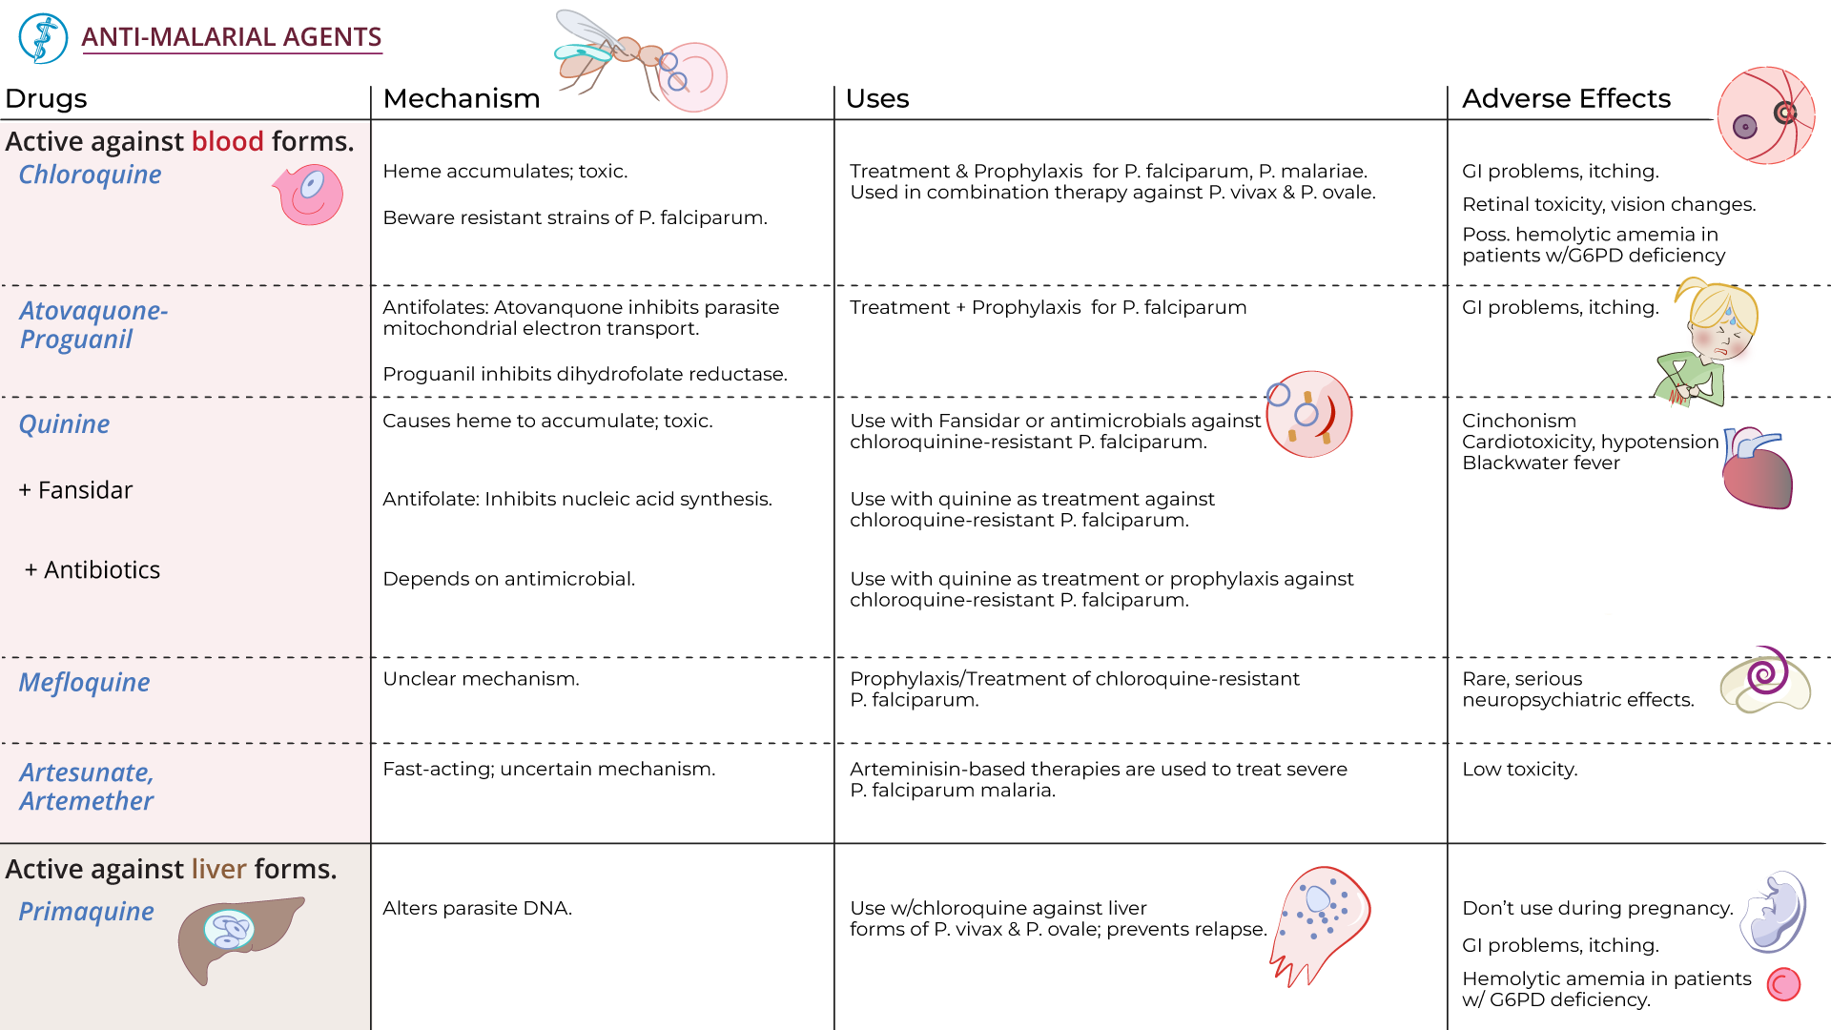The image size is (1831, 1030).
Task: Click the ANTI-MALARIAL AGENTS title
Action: coord(231,37)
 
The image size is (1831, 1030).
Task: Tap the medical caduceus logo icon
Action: coord(43,38)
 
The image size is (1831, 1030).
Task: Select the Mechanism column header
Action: coord(461,99)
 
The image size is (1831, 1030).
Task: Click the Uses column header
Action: coord(876,99)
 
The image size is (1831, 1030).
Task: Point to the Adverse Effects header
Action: coord(1566,99)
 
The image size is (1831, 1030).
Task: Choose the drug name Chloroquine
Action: coord(90,175)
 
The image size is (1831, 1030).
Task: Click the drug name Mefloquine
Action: coord(84,683)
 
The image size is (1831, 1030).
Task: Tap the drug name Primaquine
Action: coord(86,912)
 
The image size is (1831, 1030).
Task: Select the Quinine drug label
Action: coord(64,424)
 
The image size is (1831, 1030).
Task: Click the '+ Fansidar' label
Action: coord(75,490)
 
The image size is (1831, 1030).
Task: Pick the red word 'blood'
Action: coord(227,141)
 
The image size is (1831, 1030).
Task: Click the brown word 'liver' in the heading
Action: coord(218,869)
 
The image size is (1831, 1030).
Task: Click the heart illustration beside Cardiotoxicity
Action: coord(1757,469)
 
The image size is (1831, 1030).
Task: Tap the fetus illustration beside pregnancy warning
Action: coord(1774,912)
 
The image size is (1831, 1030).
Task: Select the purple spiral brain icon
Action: coord(1765,679)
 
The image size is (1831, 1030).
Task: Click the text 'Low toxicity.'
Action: coord(1519,770)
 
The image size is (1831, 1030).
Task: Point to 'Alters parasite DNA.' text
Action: coord(477,909)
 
